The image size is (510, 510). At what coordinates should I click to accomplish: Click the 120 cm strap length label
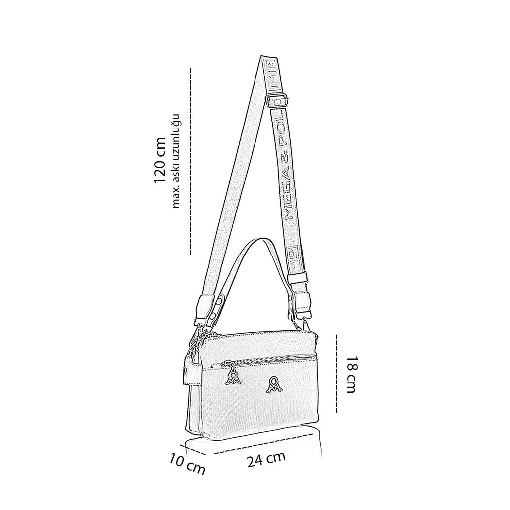[160, 161]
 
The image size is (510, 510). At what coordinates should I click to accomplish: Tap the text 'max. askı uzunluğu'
[176, 161]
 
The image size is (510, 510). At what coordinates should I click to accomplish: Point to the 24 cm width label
[266, 459]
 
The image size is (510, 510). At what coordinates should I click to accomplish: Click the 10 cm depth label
[187, 465]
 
